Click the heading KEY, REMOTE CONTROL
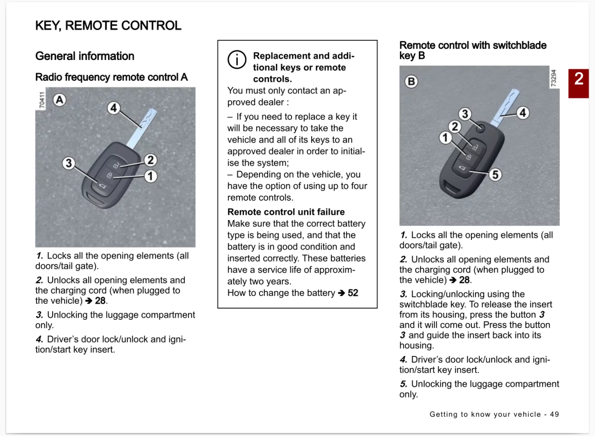click(x=108, y=26)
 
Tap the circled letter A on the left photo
click(x=59, y=100)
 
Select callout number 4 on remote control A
click(x=114, y=108)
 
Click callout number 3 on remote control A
click(x=69, y=163)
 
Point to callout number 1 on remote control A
click(x=151, y=176)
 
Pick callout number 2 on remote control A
click(x=151, y=160)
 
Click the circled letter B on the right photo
click(x=411, y=81)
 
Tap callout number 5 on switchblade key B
click(x=495, y=174)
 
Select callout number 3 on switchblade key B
click(x=465, y=113)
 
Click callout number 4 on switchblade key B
click(x=523, y=113)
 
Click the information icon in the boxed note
click(x=237, y=59)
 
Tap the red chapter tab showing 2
click(x=579, y=83)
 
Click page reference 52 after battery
click(x=353, y=293)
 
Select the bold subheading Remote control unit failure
click(x=286, y=212)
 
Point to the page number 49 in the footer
click(x=554, y=414)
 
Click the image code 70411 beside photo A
click(x=42, y=100)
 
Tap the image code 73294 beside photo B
click(x=553, y=78)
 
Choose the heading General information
click(x=85, y=56)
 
